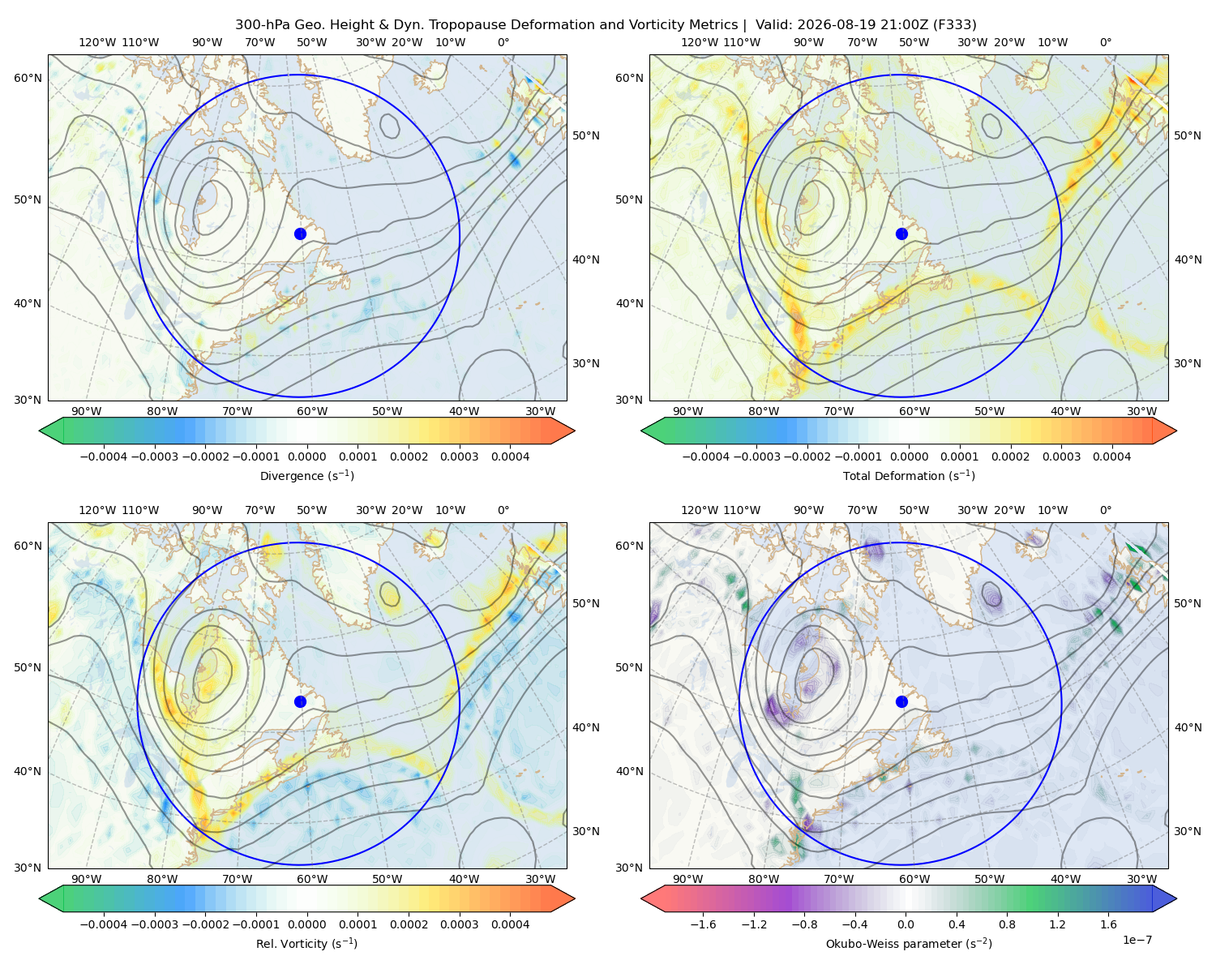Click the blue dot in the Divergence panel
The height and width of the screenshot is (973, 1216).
tap(300, 234)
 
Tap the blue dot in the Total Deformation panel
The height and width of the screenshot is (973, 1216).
tap(901, 234)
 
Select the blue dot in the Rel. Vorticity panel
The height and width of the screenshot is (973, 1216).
tap(300, 701)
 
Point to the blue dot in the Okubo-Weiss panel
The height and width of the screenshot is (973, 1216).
tap(901, 701)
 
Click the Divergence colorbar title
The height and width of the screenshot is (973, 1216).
tap(306, 475)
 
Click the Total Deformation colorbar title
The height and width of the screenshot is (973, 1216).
tap(909, 475)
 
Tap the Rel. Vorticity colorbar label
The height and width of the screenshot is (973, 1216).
tap(306, 943)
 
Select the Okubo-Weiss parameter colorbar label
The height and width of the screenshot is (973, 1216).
tap(909, 943)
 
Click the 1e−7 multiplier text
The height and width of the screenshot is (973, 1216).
tap(1137, 940)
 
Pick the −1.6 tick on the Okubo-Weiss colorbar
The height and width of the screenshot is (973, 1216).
tap(703, 924)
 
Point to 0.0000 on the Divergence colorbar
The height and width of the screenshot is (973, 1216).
tap(306, 456)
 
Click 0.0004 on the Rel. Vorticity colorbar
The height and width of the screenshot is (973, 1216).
tap(510, 924)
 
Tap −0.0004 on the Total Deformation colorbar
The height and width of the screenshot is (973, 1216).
tap(705, 456)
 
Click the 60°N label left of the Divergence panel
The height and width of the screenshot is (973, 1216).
tap(28, 78)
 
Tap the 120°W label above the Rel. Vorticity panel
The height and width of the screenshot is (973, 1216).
tap(97, 510)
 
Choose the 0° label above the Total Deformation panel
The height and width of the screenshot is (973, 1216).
tap(1105, 42)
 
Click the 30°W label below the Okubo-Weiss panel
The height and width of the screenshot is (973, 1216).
tap(1141, 879)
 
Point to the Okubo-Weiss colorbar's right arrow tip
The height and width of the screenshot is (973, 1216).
tap(1176, 898)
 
